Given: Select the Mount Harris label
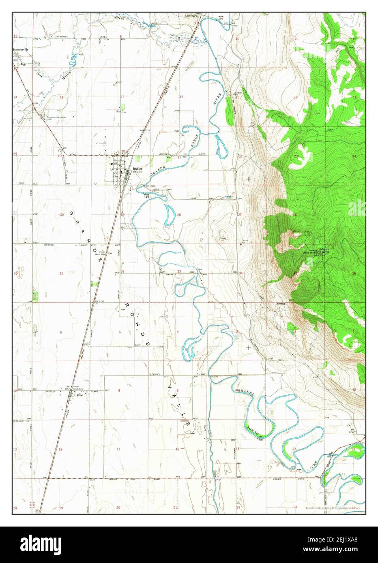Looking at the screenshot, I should tap(325, 250).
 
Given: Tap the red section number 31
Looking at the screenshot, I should tap(61, 274).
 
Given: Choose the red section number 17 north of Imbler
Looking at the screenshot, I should tap(122, 97).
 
